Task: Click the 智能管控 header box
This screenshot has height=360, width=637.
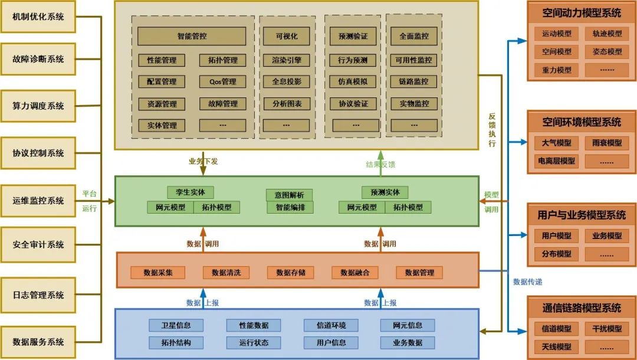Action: [192, 36]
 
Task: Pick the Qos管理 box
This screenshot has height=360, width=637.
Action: [222, 81]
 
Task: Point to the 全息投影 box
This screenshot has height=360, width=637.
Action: [286, 81]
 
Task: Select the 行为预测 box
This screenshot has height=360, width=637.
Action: [353, 60]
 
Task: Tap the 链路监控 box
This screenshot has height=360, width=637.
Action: [414, 81]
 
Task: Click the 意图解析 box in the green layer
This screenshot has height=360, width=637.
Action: [289, 195]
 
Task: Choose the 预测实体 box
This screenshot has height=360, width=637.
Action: [385, 192]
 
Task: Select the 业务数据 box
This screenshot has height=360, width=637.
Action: [407, 342]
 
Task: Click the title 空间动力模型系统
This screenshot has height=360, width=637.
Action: [582, 12]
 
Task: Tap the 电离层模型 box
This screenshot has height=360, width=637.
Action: [556, 161]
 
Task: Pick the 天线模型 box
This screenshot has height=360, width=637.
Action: [556, 346]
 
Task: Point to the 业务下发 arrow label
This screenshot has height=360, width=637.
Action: [203, 161]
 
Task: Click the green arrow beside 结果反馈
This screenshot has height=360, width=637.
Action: [380, 162]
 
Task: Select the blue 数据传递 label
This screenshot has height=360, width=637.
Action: [528, 282]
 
